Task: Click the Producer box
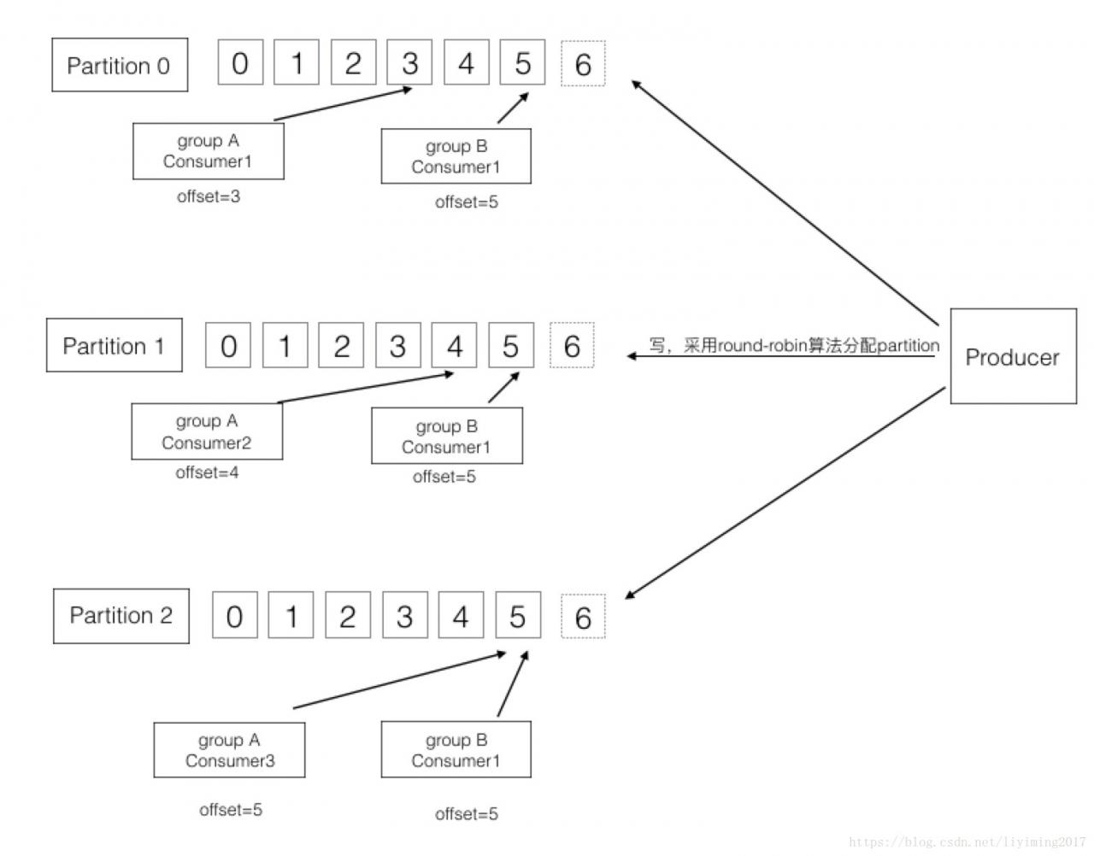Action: pyautogui.click(x=1013, y=355)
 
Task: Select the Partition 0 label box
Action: pyautogui.click(x=120, y=65)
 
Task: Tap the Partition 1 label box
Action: pyautogui.click(x=115, y=345)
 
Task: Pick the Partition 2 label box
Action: pyautogui.click(x=121, y=615)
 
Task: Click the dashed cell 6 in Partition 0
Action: pyautogui.click(x=583, y=63)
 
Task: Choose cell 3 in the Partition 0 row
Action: pyautogui.click(x=409, y=62)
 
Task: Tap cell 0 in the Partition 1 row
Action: pyautogui.click(x=228, y=345)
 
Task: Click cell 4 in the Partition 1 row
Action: pyautogui.click(x=454, y=345)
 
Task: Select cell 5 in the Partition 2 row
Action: pyautogui.click(x=518, y=615)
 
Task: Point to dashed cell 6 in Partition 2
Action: pyautogui.click(x=583, y=617)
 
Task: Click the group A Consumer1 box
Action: pyautogui.click(x=209, y=151)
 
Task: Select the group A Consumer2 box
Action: pyautogui.click(x=207, y=431)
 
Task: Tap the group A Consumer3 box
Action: pyautogui.click(x=229, y=750)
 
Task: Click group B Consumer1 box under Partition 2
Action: pyautogui.click(x=456, y=749)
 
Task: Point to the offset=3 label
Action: pyautogui.click(x=209, y=196)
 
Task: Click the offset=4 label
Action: pyautogui.click(x=207, y=472)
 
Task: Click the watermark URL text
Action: pyautogui.click(x=967, y=842)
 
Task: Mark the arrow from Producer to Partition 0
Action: pyautogui.click(x=785, y=202)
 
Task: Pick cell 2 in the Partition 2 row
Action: pyautogui.click(x=348, y=615)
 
